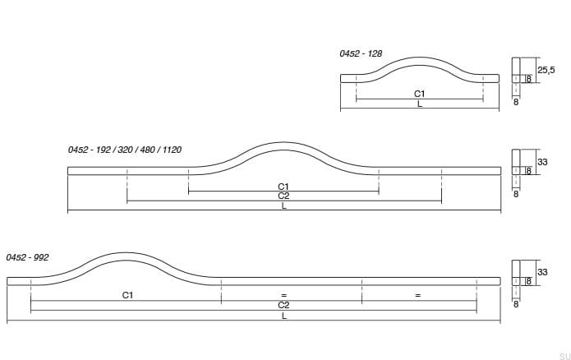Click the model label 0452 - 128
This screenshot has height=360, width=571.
[x=361, y=53]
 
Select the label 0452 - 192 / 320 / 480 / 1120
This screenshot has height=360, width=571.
[x=125, y=150]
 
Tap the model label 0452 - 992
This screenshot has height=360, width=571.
[x=27, y=257]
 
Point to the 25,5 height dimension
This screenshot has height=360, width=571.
[x=546, y=70]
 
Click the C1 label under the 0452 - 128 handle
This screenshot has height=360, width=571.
[x=420, y=94]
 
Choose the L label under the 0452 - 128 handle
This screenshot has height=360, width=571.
[x=420, y=104]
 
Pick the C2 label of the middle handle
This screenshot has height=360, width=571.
[x=283, y=196]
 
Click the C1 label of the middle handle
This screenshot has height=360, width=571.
[x=283, y=187]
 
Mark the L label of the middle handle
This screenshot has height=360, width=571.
[x=284, y=205]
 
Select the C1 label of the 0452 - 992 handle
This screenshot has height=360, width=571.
[x=127, y=295]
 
